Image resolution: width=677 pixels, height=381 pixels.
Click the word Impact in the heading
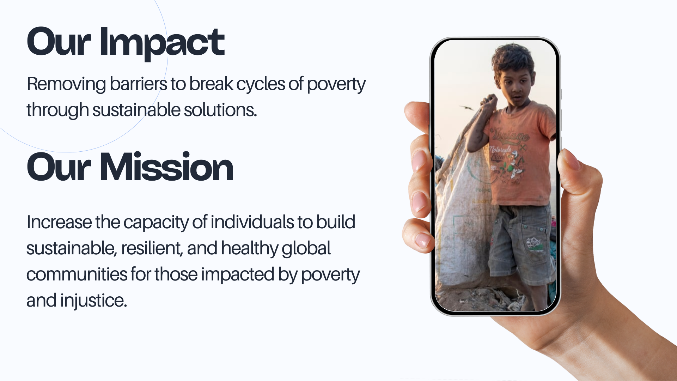(x=162, y=42)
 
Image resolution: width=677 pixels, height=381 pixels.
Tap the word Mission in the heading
(x=166, y=167)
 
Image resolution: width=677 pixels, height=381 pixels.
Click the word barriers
(x=138, y=84)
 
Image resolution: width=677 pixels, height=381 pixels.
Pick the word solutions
(x=220, y=110)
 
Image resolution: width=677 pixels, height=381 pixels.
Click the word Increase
(x=59, y=222)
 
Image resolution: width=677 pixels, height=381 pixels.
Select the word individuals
(x=252, y=222)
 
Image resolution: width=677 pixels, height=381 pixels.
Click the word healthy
(x=250, y=249)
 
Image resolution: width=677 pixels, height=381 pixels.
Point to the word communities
(x=77, y=274)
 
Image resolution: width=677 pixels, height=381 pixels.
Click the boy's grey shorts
(x=520, y=243)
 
